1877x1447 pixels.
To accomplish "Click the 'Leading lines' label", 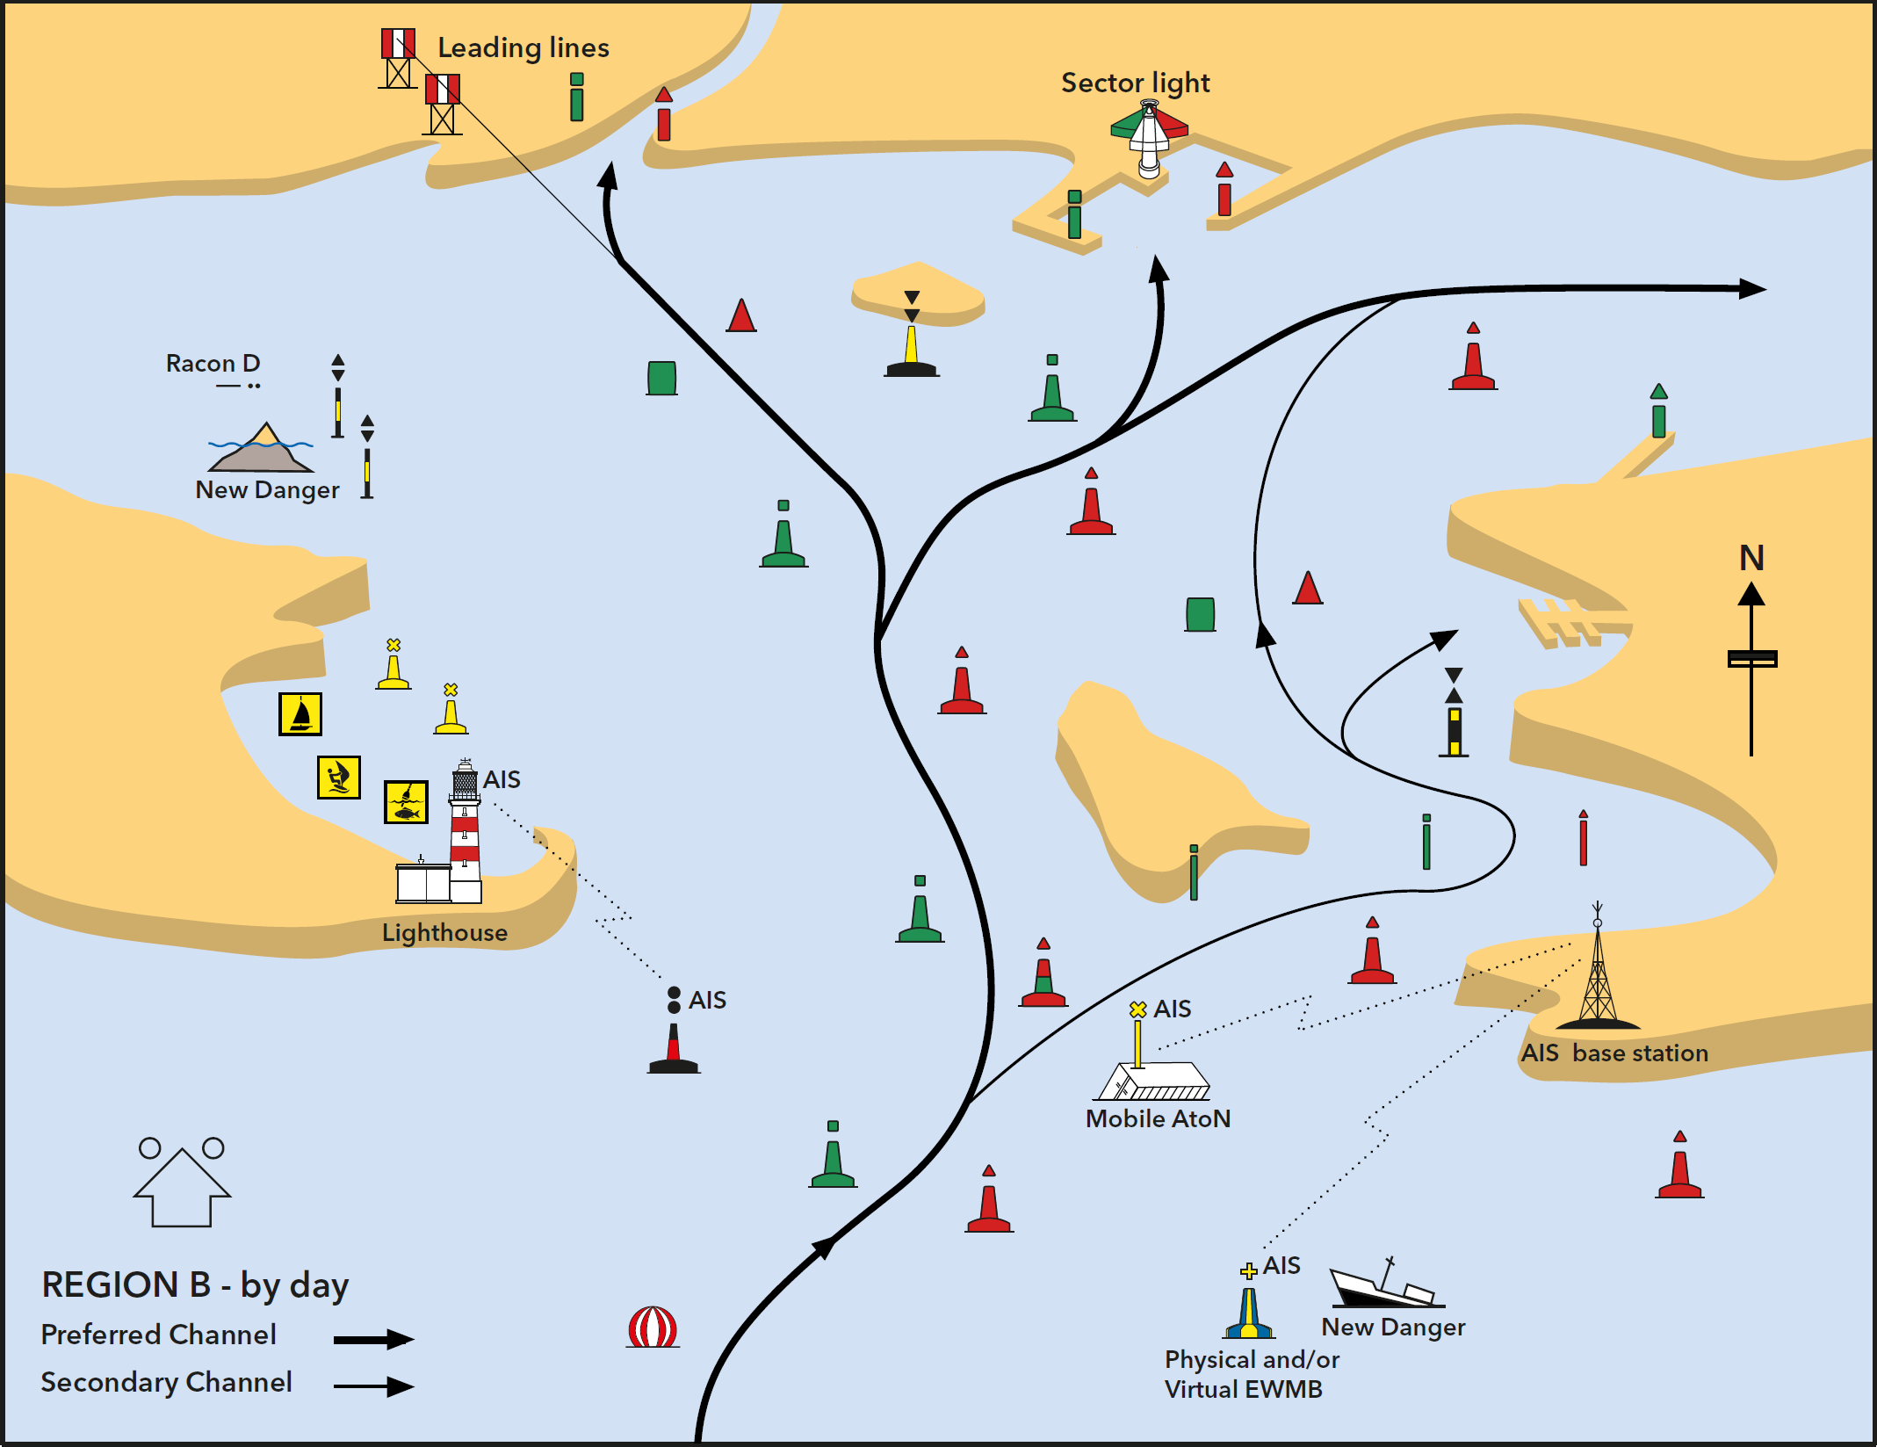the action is click(x=523, y=47).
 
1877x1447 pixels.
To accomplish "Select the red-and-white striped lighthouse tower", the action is click(x=465, y=830).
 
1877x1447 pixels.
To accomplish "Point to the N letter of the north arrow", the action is click(x=1751, y=558).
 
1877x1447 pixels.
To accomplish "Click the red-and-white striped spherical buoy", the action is click(x=653, y=1327).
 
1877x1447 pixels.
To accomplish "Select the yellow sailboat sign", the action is click(x=300, y=713).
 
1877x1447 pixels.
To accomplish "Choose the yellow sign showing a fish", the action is click(x=406, y=801).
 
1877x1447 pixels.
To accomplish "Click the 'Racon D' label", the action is click(x=213, y=364).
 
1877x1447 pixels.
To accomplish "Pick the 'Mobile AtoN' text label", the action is click(x=1158, y=1118).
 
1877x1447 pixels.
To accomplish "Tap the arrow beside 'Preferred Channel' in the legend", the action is click(x=374, y=1339).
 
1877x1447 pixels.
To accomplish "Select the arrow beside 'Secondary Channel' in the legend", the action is click(x=374, y=1386).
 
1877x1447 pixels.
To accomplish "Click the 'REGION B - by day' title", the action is click(x=195, y=1285).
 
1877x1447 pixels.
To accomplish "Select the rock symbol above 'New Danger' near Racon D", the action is click(x=261, y=448).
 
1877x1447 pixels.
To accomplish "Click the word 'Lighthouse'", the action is click(x=444, y=932).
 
